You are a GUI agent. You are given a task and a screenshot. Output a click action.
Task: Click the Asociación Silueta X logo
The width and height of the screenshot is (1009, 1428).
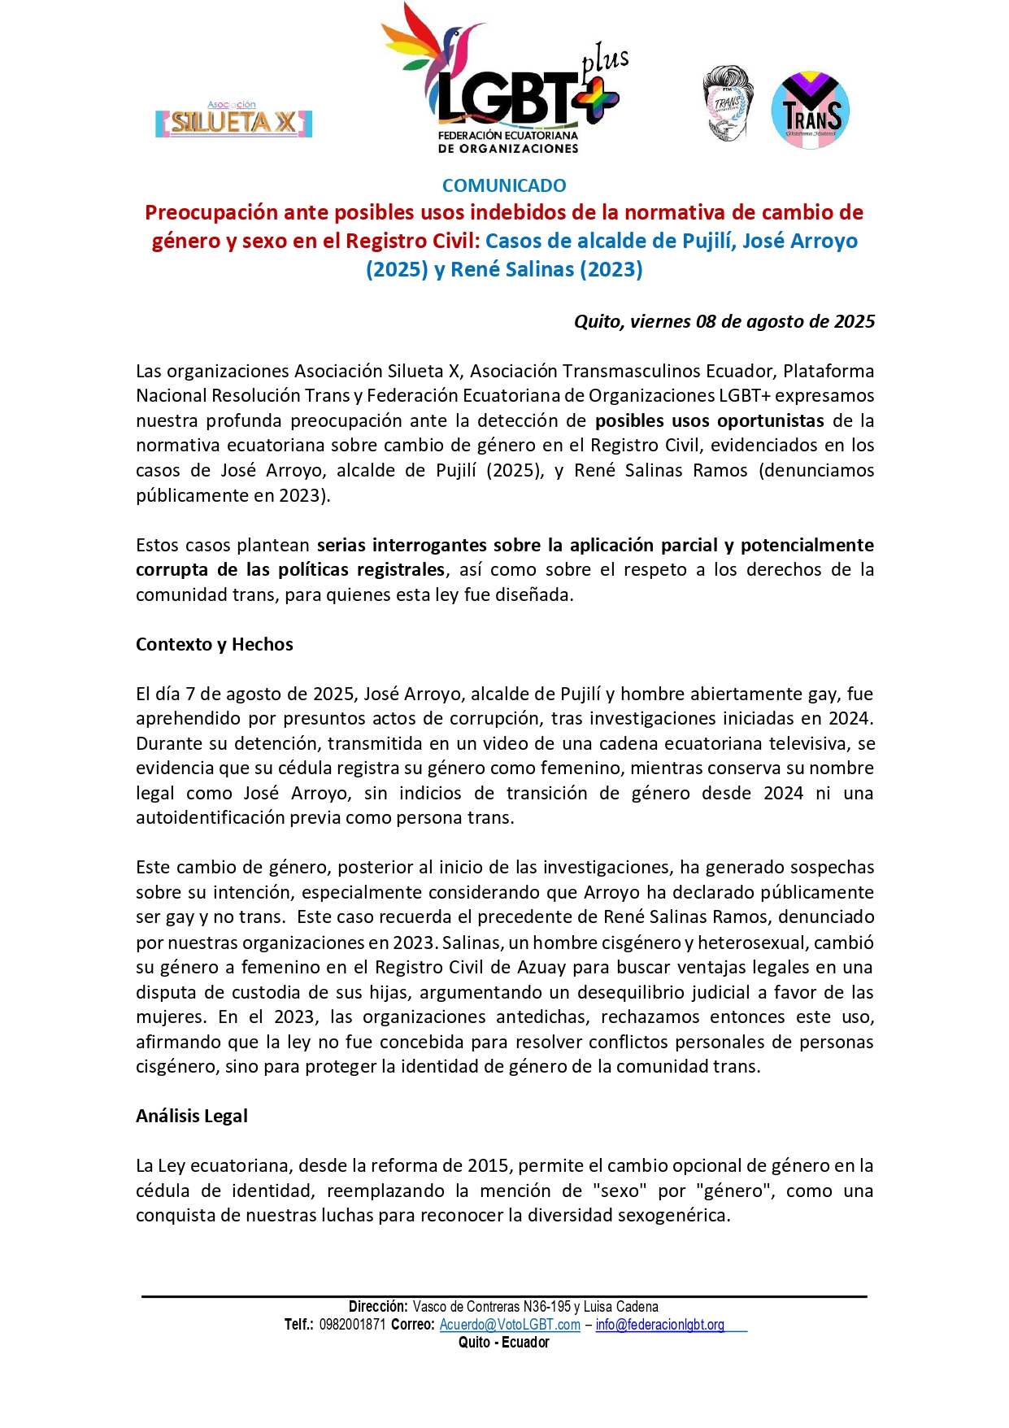coord(234,120)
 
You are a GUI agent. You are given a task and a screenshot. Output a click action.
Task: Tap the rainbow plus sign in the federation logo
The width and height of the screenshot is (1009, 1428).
coord(596,98)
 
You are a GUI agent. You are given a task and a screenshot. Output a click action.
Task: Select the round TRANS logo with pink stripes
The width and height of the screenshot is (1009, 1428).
coord(810,111)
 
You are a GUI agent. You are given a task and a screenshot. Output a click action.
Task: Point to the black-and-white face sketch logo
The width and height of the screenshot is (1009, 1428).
coord(728,104)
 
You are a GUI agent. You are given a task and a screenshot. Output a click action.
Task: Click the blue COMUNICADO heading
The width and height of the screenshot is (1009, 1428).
coord(504,185)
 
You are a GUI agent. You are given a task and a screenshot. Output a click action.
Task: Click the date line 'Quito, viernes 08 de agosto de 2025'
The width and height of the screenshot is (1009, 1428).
coord(724,321)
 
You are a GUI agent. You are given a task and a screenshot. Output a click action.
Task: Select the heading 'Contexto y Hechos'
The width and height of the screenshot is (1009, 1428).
coord(214,644)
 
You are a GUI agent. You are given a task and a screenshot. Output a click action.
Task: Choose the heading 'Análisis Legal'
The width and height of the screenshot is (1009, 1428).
coord(191,1116)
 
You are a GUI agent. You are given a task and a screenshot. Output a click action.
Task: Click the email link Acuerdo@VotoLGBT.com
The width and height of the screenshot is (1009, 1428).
coord(510,1325)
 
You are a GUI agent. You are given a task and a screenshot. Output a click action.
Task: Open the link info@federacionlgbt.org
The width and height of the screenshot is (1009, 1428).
coord(659,1325)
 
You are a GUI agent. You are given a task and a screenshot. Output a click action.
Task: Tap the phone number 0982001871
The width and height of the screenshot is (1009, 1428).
coord(352,1325)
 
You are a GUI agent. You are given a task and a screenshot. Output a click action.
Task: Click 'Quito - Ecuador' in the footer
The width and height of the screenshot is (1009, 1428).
coord(504,1343)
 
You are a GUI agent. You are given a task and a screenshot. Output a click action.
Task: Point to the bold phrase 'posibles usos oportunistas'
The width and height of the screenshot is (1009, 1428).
coord(709,420)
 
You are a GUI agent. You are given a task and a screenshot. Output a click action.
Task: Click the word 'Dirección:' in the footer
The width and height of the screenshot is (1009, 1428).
coord(378,1307)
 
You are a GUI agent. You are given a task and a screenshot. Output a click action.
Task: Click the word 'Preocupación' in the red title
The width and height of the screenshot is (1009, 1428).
coord(211,212)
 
